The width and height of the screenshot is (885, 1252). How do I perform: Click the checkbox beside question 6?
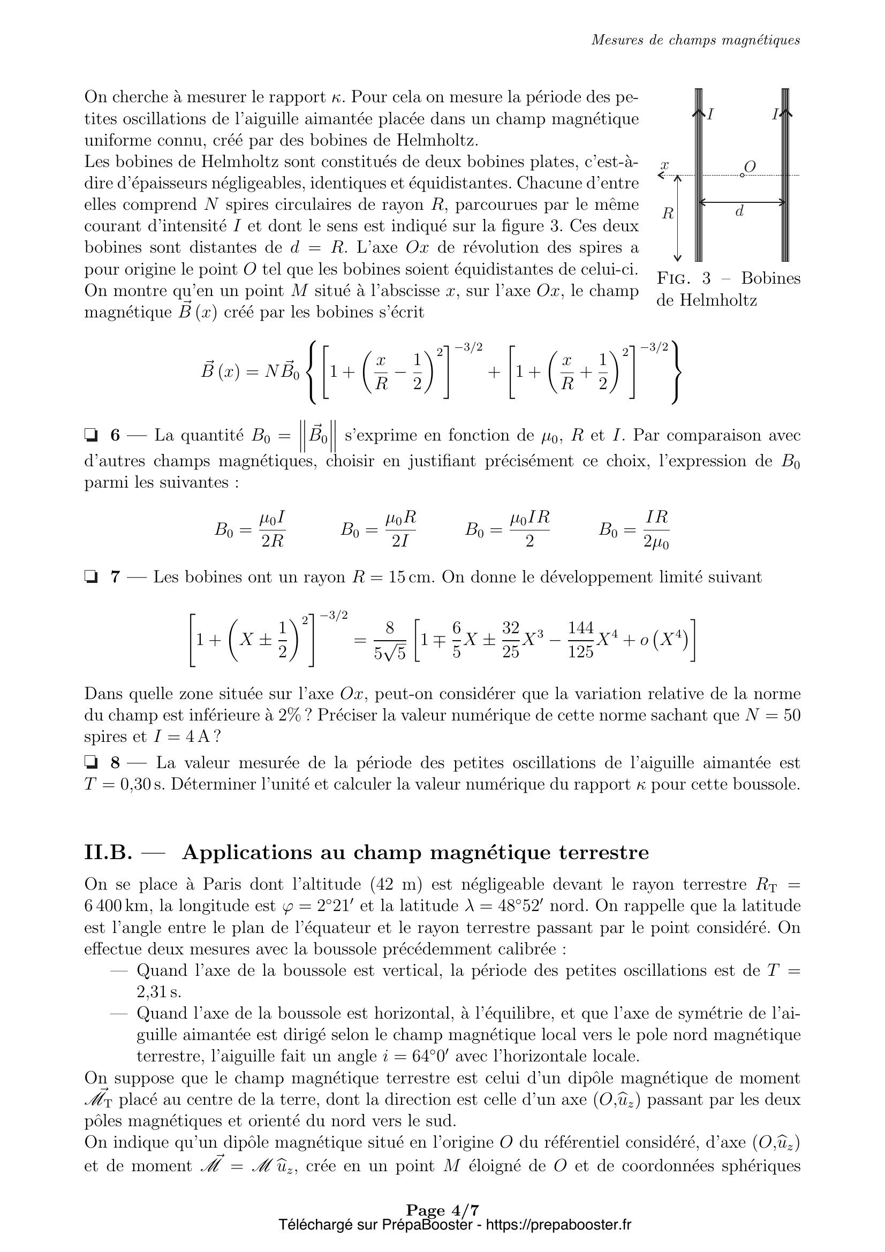point(90,435)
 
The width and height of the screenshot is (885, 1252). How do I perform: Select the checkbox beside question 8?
point(90,762)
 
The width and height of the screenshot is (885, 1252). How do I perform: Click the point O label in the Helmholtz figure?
point(750,166)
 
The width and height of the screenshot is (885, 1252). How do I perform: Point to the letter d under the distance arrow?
point(739,211)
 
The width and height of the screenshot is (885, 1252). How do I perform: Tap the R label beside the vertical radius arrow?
point(668,214)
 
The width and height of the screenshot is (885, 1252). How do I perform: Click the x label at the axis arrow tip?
point(665,164)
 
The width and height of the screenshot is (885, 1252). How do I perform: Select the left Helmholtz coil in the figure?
point(699,174)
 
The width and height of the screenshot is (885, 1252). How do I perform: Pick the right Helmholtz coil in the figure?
point(785,174)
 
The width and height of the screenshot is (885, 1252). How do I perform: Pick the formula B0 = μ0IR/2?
point(507,529)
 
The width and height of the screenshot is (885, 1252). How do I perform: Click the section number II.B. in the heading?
point(109,852)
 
